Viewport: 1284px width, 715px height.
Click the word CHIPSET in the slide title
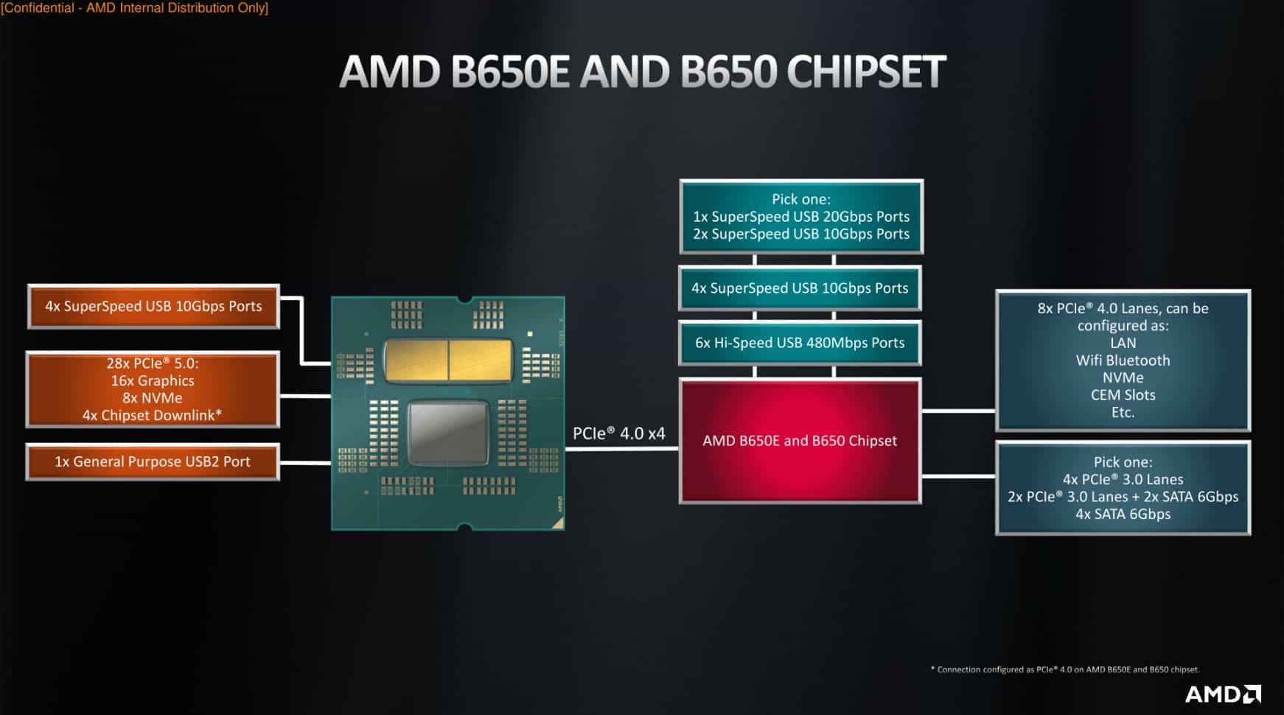[865, 71]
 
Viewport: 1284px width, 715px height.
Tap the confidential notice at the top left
[135, 8]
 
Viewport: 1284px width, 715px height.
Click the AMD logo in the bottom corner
[1222, 694]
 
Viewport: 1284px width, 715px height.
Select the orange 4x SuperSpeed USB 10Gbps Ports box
[153, 306]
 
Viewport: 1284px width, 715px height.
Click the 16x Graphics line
[153, 380]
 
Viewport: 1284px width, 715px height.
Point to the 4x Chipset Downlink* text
[152, 415]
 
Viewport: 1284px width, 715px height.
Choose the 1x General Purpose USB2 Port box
[153, 461]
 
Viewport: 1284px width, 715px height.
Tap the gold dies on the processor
[448, 360]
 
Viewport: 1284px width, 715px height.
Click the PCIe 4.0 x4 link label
[618, 433]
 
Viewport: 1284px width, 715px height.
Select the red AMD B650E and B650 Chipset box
[800, 441]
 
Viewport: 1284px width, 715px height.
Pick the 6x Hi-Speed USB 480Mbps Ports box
[800, 343]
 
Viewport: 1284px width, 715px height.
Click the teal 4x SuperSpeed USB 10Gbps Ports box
[800, 288]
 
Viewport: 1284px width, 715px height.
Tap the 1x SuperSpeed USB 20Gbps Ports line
[800, 217]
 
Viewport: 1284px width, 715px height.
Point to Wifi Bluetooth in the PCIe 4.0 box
[1123, 360]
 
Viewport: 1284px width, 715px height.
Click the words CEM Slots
[1123, 395]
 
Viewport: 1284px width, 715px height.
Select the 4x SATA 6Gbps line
[1123, 515]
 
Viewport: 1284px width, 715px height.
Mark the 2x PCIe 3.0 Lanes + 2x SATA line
[1123, 497]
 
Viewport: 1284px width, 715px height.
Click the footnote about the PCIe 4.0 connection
[1064, 669]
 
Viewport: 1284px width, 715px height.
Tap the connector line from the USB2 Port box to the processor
[305, 463]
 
